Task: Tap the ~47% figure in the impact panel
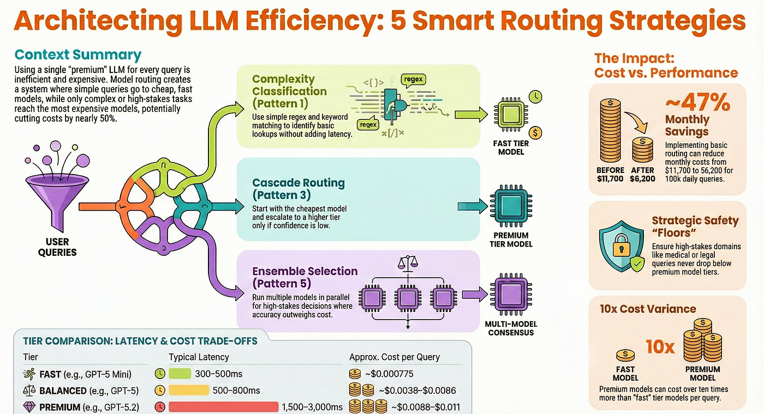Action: pyautogui.click(x=697, y=102)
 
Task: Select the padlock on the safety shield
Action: pyautogui.click(x=621, y=245)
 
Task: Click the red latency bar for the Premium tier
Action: pyautogui.click(x=223, y=407)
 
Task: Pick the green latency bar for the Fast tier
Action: pyautogui.click(x=180, y=374)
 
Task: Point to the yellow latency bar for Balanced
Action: pyautogui.click(x=189, y=390)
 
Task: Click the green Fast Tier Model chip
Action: pyautogui.click(x=511, y=114)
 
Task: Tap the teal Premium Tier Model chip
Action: pyautogui.click(x=511, y=206)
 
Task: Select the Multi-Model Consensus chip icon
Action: pyautogui.click(x=511, y=295)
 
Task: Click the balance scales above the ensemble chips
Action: pyautogui.click(x=408, y=263)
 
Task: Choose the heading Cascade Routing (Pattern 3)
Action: pyautogui.click(x=299, y=189)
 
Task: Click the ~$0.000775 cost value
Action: pyautogui.click(x=389, y=374)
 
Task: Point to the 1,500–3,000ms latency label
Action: pyautogui.click(x=312, y=407)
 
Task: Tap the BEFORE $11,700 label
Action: pyautogui.click(x=610, y=174)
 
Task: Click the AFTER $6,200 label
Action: pyautogui.click(x=643, y=174)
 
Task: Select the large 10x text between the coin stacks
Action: pyautogui.click(x=660, y=347)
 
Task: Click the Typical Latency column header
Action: pyautogui.click(x=199, y=357)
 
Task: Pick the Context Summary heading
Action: pyautogui.click(x=77, y=55)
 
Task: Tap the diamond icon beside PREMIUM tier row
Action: pyautogui.click(x=28, y=407)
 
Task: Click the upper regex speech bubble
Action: pyautogui.click(x=414, y=80)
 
